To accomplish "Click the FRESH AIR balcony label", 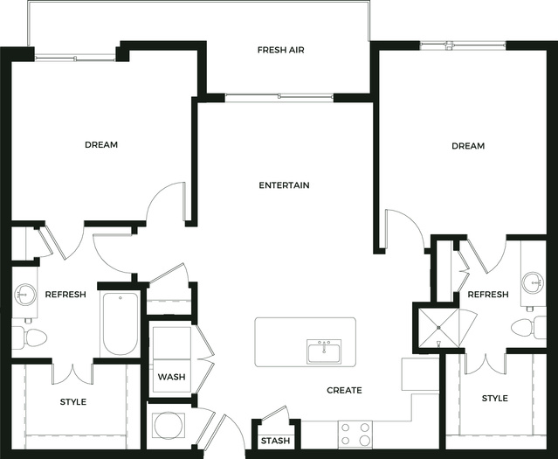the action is click(281, 50).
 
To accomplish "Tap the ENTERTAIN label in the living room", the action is click(284, 185).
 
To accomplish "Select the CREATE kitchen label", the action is click(344, 390).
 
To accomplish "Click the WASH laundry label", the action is click(171, 377).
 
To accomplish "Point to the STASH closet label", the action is click(275, 441).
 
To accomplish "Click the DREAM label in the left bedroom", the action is click(101, 144).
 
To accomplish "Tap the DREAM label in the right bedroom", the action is click(468, 146).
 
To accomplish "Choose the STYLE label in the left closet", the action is click(73, 402).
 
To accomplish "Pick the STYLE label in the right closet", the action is click(494, 398).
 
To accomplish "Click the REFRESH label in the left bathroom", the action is click(65, 295).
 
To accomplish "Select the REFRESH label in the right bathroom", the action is click(488, 295).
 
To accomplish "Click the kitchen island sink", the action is click(324, 351).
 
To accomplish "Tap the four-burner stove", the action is click(355, 435).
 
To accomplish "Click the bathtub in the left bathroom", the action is click(120, 323).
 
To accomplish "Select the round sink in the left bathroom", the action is click(25, 295).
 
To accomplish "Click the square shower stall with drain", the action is click(438, 328).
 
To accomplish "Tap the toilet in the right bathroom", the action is click(528, 327).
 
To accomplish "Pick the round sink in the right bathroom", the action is click(533, 282).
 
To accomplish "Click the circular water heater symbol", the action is click(169, 426).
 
